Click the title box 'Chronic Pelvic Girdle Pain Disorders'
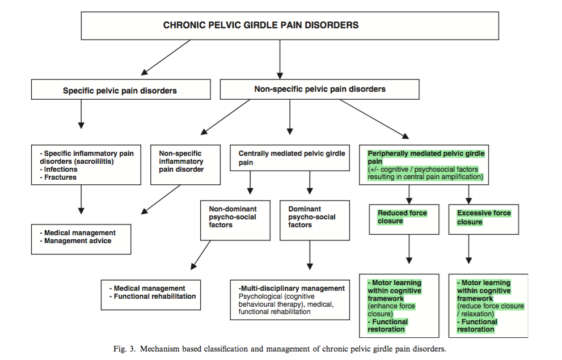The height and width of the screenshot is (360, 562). pos(261,26)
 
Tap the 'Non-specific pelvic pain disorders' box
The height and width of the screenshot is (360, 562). pos(319,89)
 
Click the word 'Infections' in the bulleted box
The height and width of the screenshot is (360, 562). pos(61,170)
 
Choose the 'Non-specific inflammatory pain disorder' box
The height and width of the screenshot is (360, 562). pos(185,162)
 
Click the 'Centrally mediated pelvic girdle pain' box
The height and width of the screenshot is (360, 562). pos(291,158)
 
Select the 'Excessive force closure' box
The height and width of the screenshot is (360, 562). pos(484,218)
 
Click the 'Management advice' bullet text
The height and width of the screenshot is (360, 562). pos(78,241)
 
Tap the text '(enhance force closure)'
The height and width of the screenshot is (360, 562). pos(391,310)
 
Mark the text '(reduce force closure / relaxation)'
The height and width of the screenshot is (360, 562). pos(491,310)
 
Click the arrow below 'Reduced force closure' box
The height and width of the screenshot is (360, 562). pos(408,249)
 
